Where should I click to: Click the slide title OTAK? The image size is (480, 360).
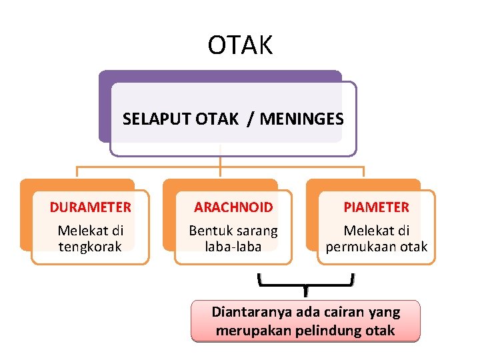240,45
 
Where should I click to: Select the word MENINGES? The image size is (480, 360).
301,119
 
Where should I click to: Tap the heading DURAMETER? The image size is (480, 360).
90,207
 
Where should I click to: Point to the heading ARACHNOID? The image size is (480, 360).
233,207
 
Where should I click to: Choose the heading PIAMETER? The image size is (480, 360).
376,207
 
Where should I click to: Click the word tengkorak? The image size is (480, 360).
90,247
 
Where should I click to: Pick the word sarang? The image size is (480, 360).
255,231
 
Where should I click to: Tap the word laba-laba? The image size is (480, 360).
233,247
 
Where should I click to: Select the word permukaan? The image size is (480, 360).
363,247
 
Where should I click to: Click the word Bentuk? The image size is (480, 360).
209,231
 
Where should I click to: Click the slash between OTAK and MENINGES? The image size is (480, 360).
249,119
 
